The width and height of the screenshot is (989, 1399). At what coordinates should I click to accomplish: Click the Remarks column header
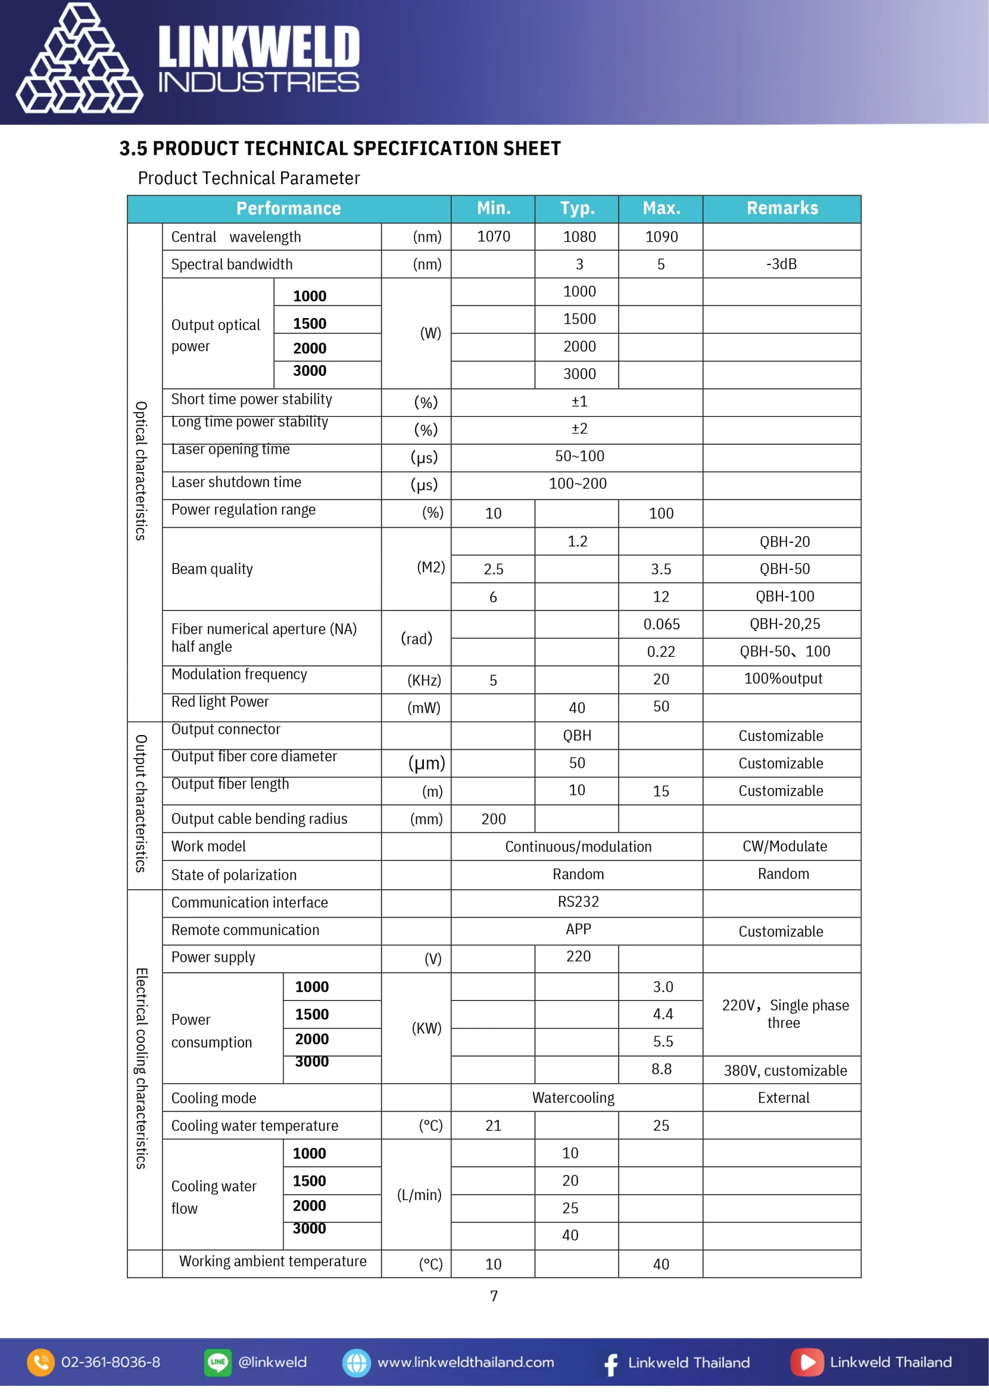tap(782, 208)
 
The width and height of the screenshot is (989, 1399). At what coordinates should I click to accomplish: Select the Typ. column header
tap(577, 208)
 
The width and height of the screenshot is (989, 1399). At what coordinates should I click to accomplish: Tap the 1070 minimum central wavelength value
tap(493, 237)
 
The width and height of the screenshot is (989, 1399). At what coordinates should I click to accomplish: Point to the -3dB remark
tap(781, 264)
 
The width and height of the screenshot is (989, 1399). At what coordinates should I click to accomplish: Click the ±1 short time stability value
tap(579, 402)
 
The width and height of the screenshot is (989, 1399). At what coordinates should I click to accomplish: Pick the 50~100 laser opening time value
tap(579, 456)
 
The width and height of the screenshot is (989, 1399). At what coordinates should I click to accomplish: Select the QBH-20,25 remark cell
tap(784, 624)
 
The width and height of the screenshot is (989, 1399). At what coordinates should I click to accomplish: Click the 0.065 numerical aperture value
tap(661, 624)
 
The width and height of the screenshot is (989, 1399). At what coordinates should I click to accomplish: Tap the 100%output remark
tap(783, 679)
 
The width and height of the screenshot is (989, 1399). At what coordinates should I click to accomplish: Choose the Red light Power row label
tap(220, 702)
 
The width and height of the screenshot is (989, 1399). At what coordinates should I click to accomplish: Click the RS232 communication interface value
tap(578, 902)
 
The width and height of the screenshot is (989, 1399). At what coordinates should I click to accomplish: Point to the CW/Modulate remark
tap(784, 847)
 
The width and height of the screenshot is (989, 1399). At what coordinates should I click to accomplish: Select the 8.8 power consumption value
tap(661, 1069)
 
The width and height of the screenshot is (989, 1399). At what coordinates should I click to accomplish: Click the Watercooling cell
tap(573, 1098)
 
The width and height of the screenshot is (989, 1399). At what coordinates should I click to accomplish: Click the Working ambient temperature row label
tap(273, 1261)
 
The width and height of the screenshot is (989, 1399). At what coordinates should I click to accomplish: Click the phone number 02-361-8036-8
tap(110, 1362)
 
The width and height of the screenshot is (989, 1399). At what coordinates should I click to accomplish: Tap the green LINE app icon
tap(217, 1362)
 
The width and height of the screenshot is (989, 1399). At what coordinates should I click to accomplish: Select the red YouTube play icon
tap(807, 1362)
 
